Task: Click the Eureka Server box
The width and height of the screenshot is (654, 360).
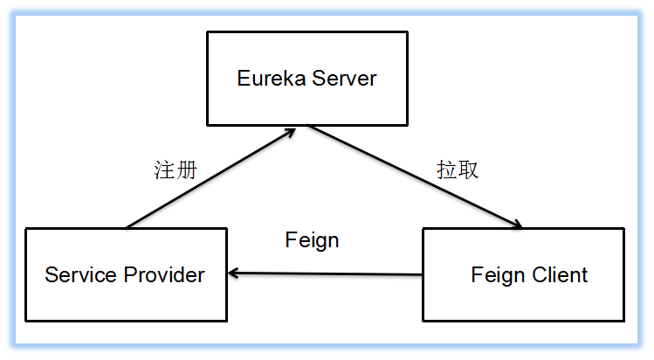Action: tap(306, 79)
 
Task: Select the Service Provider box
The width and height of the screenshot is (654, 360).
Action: tap(126, 274)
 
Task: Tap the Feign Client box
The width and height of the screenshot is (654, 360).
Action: tap(523, 274)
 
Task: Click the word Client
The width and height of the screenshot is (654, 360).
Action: tap(559, 275)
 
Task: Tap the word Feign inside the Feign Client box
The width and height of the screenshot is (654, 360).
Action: tap(498, 276)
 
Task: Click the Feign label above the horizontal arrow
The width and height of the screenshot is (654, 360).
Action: tap(312, 240)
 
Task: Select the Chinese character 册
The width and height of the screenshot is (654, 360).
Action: tap(185, 170)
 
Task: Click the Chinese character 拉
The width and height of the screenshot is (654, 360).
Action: tap(446, 170)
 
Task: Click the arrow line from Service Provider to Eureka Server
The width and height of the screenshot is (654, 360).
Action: tap(210, 179)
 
